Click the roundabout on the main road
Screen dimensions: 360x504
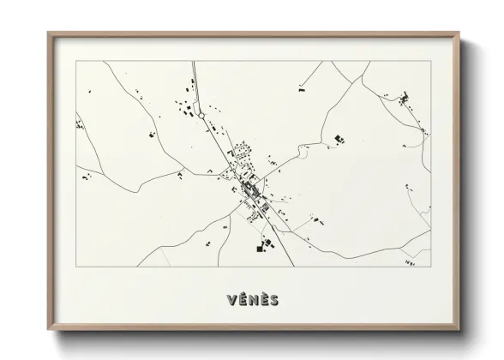[203, 109]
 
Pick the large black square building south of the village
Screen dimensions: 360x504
[259, 249]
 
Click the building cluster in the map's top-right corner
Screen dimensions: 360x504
[404, 102]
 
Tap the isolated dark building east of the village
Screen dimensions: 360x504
[339, 137]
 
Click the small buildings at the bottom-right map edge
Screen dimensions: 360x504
[409, 262]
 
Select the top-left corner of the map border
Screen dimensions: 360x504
[76, 61]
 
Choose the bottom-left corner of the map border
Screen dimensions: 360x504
[76, 267]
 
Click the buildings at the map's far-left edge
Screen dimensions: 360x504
[81, 125]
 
